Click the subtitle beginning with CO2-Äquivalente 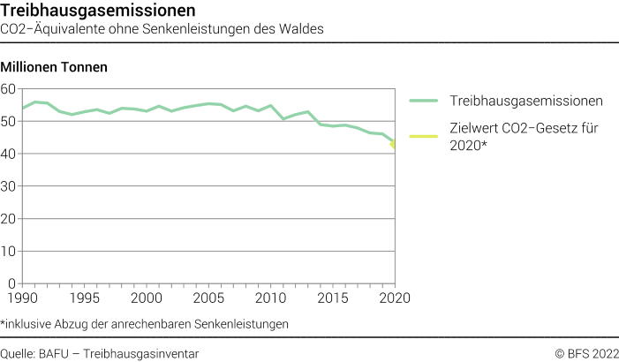tap(162, 28)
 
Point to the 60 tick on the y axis tap(9, 88)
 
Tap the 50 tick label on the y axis tap(9, 121)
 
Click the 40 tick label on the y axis tap(9, 154)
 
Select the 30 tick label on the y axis tap(9, 186)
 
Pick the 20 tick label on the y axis tap(9, 219)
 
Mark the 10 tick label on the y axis tap(9, 252)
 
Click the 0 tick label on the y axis tap(12, 283)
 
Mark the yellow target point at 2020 tap(394, 145)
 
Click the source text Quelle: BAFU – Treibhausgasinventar tap(100, 353)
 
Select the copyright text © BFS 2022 tap(585, 353)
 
